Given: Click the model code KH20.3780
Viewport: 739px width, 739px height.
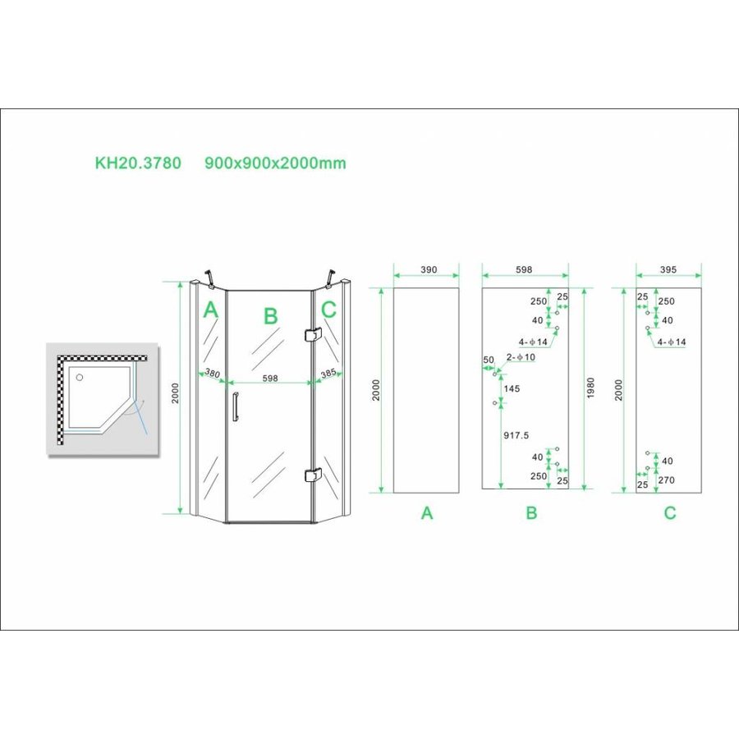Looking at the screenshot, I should tap(138, 163).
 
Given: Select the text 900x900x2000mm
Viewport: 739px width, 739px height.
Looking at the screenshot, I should tap(275, 163).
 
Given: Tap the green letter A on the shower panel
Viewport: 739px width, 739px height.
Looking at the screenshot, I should tap(210, 310).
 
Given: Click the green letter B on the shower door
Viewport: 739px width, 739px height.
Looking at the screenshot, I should tap(270, 315).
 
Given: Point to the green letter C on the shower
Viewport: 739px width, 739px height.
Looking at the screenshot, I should tap(328, 310).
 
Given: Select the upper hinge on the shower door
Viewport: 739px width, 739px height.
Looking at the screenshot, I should tap(311, 335).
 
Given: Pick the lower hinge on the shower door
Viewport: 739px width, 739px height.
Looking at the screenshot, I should tap(311, 475).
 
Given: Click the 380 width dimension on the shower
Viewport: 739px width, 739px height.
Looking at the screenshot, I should tap(212, 374).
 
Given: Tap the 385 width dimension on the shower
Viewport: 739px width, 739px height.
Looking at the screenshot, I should tap(328, 374).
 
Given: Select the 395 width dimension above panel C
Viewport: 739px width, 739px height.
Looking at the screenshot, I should tap(669, 269).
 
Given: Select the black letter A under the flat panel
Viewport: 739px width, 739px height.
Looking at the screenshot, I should tap(426, 513).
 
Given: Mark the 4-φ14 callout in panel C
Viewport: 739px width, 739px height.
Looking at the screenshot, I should tap(671, 341).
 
